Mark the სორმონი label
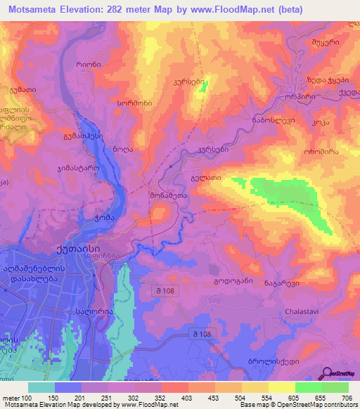(x=131, y=103)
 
